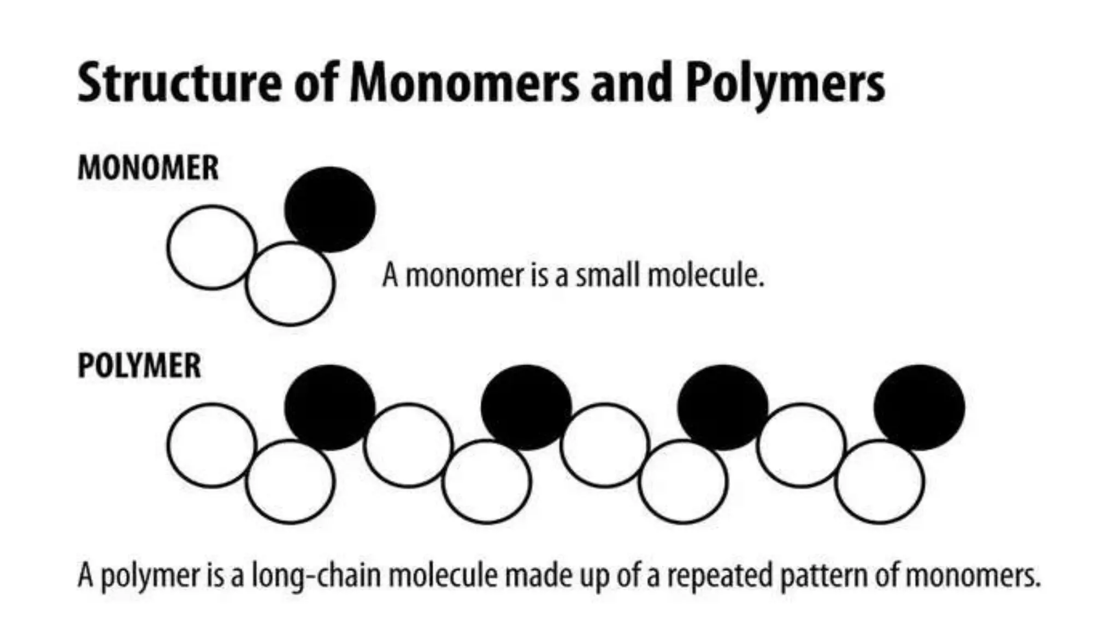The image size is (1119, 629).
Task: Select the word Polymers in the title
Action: coord(785,83)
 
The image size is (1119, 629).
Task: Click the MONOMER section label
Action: coord(148,168)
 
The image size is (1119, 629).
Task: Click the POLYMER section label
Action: coord(139,365)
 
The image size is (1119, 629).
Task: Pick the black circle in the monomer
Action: coord(330,209)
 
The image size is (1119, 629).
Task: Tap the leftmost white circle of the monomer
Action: coord(211,247)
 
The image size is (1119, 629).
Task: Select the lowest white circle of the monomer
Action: coord(290,284)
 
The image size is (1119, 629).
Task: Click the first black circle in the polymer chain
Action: coord(330,407)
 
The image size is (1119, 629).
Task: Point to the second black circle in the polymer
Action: coord(526,407)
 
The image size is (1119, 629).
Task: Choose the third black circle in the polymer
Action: coord(722,407)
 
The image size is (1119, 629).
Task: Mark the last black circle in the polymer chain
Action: coord(919,407)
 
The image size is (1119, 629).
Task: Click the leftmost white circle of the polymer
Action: coord(211,445)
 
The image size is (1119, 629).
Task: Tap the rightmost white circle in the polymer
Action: coord(879,482)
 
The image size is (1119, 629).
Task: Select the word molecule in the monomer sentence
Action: coord(705,275)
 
